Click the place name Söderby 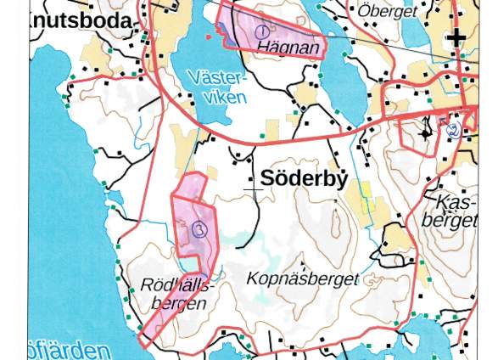304,179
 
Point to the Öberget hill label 387,11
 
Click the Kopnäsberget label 302,278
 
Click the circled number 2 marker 452,130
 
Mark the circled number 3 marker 199,228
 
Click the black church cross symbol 457,37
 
